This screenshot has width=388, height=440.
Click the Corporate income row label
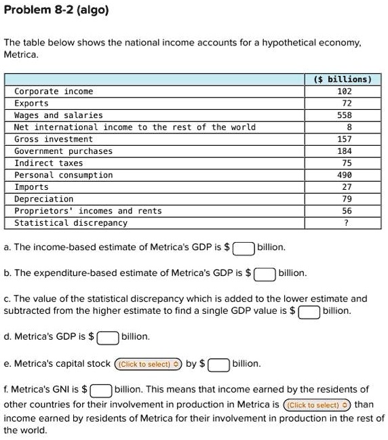(x=54, y=91)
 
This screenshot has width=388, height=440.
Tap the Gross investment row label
(x=54, y=139)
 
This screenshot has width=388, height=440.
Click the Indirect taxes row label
(x=48, y=163)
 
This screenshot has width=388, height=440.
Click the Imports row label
(x=31, y=186)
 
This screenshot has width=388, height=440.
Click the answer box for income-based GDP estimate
(x=244, y=248)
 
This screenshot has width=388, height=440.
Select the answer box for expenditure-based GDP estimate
(x=265, y=274)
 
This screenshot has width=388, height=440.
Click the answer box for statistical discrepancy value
(x=309, y=312)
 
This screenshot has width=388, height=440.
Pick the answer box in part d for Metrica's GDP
(x=108, y=337)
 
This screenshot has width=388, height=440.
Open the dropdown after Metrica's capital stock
(x=149, y=364)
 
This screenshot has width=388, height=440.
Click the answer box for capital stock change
(x=218, y=364)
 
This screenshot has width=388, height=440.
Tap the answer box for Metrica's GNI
(x=101, y=391)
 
